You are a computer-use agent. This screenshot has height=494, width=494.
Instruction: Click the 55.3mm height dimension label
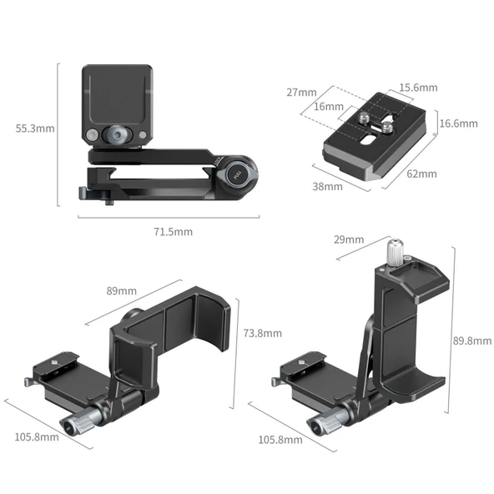tap(35, 129)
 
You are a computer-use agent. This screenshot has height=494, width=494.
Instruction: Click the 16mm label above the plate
tap(329, 107)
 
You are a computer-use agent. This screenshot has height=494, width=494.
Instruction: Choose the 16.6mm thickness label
tap(458, 123)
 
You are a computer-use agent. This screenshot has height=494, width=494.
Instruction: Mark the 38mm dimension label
tap(327, 187)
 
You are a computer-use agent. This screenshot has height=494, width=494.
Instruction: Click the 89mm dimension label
tap(121, 291)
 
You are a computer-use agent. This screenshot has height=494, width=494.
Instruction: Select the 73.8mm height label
tap(262, 333)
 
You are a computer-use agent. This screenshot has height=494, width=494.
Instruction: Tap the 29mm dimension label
tap(348, 240)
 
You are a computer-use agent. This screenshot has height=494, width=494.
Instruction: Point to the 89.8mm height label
tap(470, 340)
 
